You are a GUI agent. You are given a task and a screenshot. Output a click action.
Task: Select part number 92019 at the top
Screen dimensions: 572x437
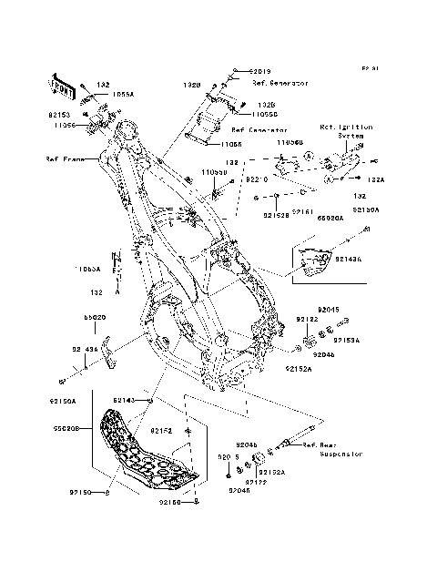(260, 71)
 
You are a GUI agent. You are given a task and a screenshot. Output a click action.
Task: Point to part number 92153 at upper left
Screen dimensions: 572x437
(59, 116)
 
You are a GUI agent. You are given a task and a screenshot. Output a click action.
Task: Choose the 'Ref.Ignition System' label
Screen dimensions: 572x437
(341, 131)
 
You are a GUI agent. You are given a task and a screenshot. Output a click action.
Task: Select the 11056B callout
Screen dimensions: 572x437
(290, 143)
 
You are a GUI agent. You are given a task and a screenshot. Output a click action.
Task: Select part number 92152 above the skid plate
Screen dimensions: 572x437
(162, 430)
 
